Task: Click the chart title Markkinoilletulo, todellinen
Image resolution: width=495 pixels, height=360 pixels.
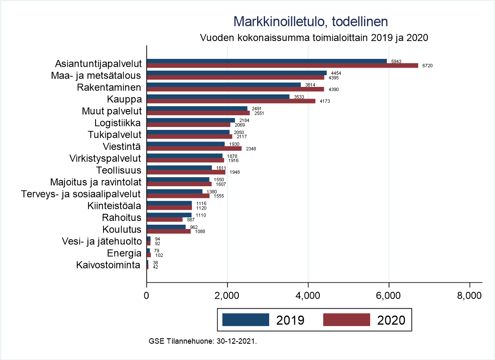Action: pyautogui.click(x=311, y=22)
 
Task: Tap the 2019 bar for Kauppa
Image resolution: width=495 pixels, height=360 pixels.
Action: pyautogui.click(x=218, y=96)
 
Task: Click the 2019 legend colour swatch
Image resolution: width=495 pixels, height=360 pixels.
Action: pyautogui.click(x=245, y=320)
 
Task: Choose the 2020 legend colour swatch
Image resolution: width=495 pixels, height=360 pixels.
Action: pyautogui.click(x=346, y=320)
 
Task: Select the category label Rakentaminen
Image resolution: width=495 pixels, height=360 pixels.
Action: pyautogui.click(x=109, y=88)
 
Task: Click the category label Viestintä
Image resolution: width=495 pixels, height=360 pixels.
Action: pyautogui.click(x=122, y=147)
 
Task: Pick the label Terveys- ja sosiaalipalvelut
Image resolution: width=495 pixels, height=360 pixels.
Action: pyautogui.click(x=81, y=194)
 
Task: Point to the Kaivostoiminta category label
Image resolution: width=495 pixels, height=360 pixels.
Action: pyautogui.click(x=108, y=265)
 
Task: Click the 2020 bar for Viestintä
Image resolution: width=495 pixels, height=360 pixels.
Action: pyautogui.click(x=194, y=148)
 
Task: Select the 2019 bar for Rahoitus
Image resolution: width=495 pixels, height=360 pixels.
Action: pyautogui.click(x=169, y=215)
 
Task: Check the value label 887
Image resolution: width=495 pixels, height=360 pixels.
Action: pyautogui.click(x=190, y=219)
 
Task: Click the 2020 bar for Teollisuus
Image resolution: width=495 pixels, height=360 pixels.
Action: pyautogui.click(x=186, y=172)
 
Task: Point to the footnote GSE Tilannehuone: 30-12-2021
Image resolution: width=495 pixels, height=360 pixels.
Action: pyautogui.click(x=202, y=341)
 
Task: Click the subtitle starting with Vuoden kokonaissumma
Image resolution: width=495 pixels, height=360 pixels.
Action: pyautogui.click(x=314, y=37)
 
